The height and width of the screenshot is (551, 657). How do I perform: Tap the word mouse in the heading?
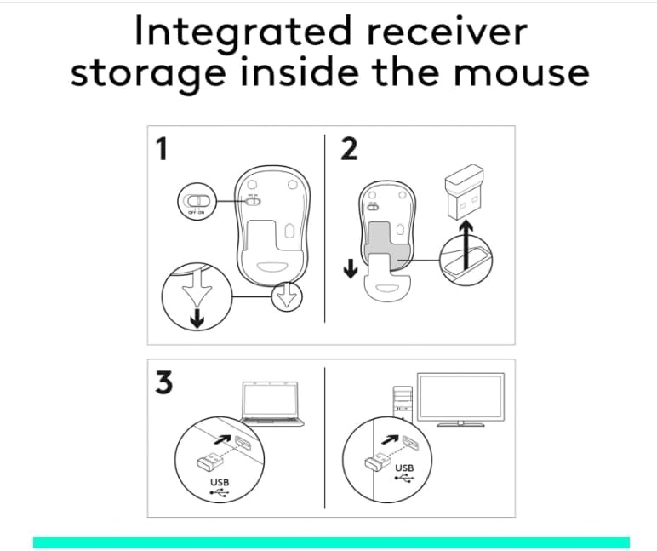click(x=521, y=72)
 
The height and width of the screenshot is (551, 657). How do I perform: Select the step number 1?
click(x=162, y=149)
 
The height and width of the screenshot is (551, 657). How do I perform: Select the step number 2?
click(x=349, y=149)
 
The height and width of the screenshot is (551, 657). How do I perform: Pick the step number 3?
click(x=164, y=382)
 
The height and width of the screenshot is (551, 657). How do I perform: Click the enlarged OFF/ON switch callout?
click(x=197, y=201)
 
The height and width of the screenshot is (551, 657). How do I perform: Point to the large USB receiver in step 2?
click(x=464, y=192)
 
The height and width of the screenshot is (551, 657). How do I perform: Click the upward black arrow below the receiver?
click(x=466, y=245)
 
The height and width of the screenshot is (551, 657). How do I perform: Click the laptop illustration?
click(x=272, y=404)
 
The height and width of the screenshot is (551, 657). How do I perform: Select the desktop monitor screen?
click(x=461, y=397)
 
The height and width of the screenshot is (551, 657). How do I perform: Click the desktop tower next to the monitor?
click(x=403, y=404)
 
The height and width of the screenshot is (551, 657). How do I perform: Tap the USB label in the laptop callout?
click(x=220, y=482)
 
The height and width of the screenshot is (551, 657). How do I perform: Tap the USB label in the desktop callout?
click(x=404, y=468)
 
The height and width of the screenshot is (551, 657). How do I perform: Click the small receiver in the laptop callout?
click(x=210, y=461)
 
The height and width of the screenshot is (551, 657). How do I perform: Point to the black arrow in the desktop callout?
click(x=390, y=439)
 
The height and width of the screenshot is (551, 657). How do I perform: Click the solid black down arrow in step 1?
click(x=197, y=319)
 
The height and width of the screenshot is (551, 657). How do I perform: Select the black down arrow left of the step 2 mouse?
click(x=351, y=268)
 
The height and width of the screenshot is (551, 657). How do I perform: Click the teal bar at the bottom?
click(x=331, y=542)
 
